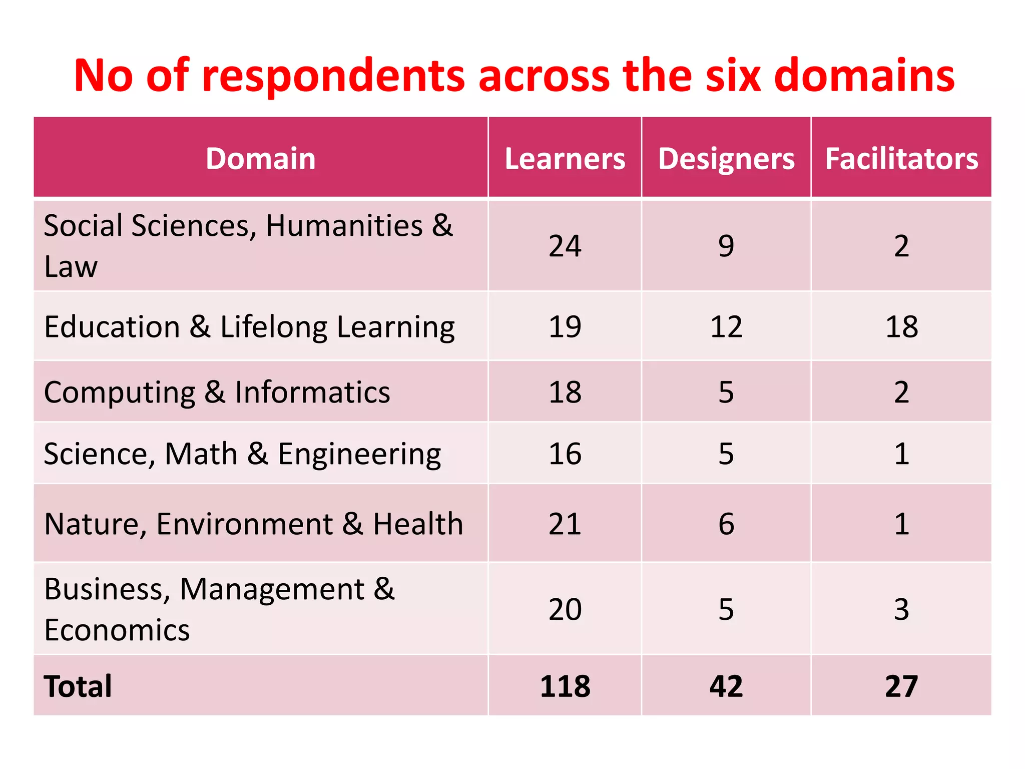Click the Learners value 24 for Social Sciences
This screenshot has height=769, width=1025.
coord(565,246)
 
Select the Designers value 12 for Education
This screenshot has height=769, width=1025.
coord(726,326)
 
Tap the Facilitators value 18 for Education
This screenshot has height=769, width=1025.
coord(901,326)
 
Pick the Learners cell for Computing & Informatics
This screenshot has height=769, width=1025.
coord(565,392)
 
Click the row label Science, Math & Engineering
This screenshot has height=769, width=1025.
coord(242,454)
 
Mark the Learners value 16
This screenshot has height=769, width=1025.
coord(565,454)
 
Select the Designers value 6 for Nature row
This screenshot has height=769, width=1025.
coord(726,524)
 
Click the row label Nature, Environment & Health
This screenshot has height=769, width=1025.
coord(253,524)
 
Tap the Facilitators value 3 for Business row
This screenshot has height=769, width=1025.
coord(901,609)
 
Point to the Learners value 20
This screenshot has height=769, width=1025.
coord(565,609)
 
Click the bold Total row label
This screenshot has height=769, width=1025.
coord(78,686)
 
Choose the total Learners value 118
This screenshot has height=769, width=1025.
coord(565,686)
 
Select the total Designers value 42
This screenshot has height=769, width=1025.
coord(726,686)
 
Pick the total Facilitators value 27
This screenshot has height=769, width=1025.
coord(901,686)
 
